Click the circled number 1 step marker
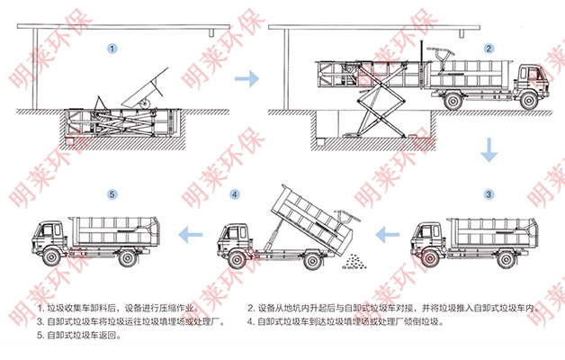(112, 49)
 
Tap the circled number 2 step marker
(489, 49)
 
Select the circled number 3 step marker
(489, 194)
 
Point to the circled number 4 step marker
(235, 194)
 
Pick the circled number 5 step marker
(112, 194)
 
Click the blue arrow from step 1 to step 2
(247, 78)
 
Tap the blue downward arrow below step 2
(489, 149)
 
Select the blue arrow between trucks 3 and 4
(388, 235)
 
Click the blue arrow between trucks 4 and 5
(190, 235)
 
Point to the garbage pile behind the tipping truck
(354, 262)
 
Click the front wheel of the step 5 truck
(52, 257)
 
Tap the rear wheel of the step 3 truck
(506, 258)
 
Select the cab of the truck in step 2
(530, 80)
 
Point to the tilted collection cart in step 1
(146, 90)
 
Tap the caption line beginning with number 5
(79, 335)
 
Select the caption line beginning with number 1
(118, 308)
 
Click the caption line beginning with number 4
(345, 322)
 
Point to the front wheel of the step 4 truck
(237, 260)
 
